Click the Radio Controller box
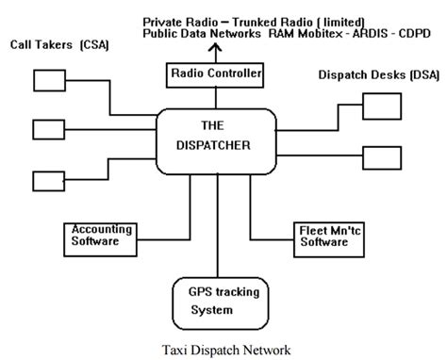(215, 73)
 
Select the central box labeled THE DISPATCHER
(217, 140)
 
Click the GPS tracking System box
(218, 299)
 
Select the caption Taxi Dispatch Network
(223, 347)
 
